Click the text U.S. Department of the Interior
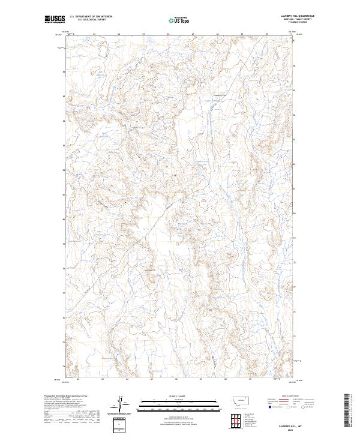pyautogui.click(x=91, y=17)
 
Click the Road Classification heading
pyautogui.click(x=294, y=397)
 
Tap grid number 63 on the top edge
pyautogui.click(x=95, y=34)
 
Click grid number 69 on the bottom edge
pyautogui.click(x=249, y=379)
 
